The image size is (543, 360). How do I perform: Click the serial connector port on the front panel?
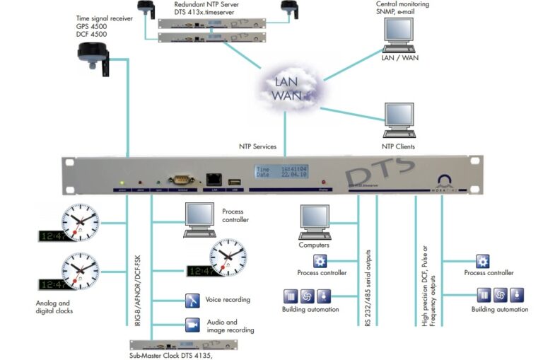tap(180, 180)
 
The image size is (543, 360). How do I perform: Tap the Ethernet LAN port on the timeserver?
tap(213, 181)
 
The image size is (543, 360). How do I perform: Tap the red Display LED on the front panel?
tap(325, 182)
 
